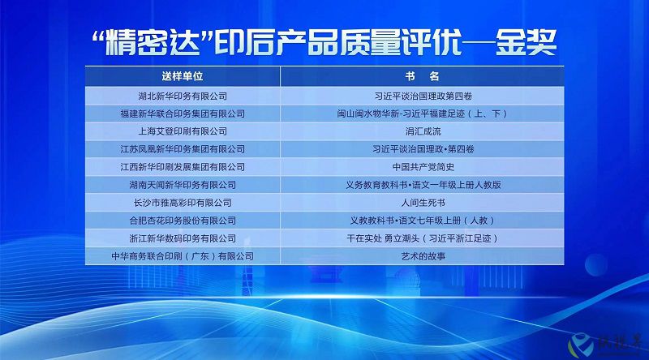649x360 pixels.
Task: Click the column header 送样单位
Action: (182, 76)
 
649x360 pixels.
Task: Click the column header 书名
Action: (422, 76)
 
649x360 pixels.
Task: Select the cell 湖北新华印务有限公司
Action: (183, 96)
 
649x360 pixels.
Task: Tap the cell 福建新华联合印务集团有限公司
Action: (183, 114)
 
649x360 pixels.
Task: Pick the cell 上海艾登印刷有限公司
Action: (183, 131)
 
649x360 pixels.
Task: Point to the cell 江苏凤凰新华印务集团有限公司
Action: (183, 149)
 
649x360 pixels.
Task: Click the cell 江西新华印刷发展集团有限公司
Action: (183, 167)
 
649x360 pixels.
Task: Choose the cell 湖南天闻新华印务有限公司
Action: (183, 185)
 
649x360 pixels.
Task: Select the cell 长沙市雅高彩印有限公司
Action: (183, 203)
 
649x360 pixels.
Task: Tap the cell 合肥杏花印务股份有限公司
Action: (183, 221)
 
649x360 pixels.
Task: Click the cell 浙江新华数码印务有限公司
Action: (183, 238)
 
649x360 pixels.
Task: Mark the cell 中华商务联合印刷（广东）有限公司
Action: (183, 256)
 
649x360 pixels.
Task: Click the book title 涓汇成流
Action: (423, 131)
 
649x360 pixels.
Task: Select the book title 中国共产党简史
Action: (423, 167)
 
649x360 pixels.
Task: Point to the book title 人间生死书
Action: (423, 203)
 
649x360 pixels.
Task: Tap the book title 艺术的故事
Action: (423, 256)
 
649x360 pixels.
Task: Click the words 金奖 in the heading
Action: (526, 42)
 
